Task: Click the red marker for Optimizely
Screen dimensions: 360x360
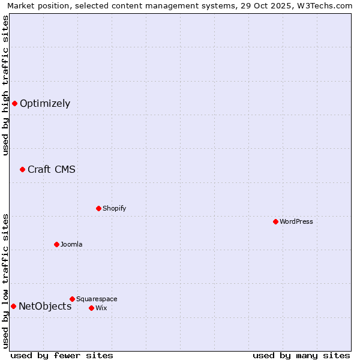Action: [x=14, y=103]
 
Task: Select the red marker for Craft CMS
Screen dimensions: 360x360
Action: [x=22, y=169]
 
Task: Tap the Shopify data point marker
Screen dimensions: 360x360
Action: [x=98, y=208]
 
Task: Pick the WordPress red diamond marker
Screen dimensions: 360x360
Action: [x=275, y=221]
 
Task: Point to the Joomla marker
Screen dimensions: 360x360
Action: [x=56, y=244]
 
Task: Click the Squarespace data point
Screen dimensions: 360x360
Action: [x=72, y=299]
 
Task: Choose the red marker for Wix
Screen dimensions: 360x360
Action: [x=91, y=308]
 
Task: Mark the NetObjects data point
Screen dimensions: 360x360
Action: [x=13, y=306]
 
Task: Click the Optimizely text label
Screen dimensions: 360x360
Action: [x=45, y=104]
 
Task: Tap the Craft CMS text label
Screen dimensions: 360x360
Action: [x=52, y=169]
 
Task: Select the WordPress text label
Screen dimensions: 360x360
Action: [x=296, y=221]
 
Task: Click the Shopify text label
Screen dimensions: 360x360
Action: [x=115, y=208]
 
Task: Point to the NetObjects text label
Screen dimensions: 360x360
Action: [x=45, y=307]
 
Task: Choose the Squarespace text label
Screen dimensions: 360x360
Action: [x=97, y=299]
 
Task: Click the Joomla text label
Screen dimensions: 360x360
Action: [x=71, y=244]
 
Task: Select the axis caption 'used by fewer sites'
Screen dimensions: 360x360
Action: [x=62, y=355]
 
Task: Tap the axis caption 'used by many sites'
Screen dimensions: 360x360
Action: [x=301, y=355]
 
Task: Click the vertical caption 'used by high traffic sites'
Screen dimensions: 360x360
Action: [x=5, y=85]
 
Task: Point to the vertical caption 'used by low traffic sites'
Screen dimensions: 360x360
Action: [x=5, y=281]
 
